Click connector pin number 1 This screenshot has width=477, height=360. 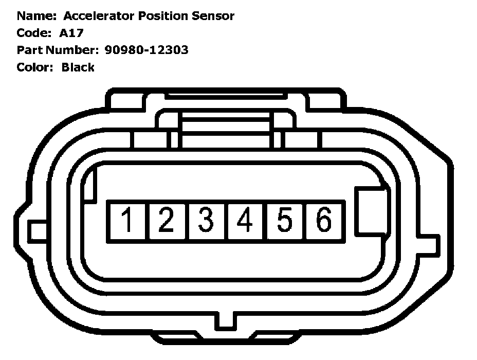126,221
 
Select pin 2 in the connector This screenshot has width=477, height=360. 166,221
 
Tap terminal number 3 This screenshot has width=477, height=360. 206,221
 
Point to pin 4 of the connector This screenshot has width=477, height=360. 246,221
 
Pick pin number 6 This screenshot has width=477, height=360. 324,221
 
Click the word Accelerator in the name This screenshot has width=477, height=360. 99,16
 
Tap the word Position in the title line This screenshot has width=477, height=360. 164,16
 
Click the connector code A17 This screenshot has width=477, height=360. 70,33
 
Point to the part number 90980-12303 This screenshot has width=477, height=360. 146,50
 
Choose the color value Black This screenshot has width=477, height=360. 78,67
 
